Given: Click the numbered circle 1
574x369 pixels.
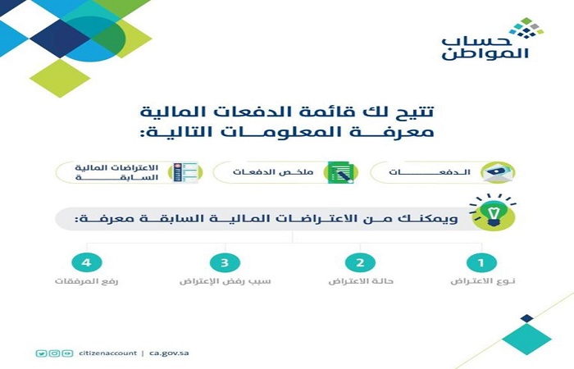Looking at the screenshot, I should [481, 263].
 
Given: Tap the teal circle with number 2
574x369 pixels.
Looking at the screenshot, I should [359, 263].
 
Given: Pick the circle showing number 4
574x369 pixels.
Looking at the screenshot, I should [86, 263].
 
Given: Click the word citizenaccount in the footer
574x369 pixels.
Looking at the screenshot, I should [108, 353].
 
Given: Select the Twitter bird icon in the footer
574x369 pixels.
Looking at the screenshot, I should [42, 353].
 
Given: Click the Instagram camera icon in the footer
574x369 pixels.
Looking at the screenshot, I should [54, 353].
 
